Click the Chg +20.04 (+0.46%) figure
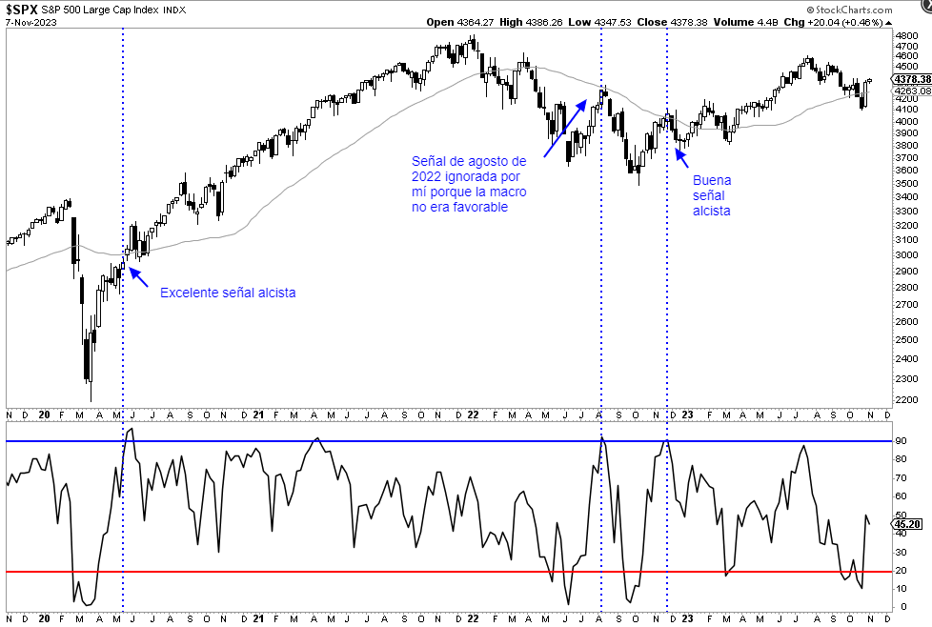click(838, 21)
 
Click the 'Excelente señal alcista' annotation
click(227, 293)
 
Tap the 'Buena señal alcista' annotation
click(712, 194)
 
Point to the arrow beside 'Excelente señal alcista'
click(138, 276)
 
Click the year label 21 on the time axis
click(258, 415)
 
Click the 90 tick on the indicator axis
click(902, 441)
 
